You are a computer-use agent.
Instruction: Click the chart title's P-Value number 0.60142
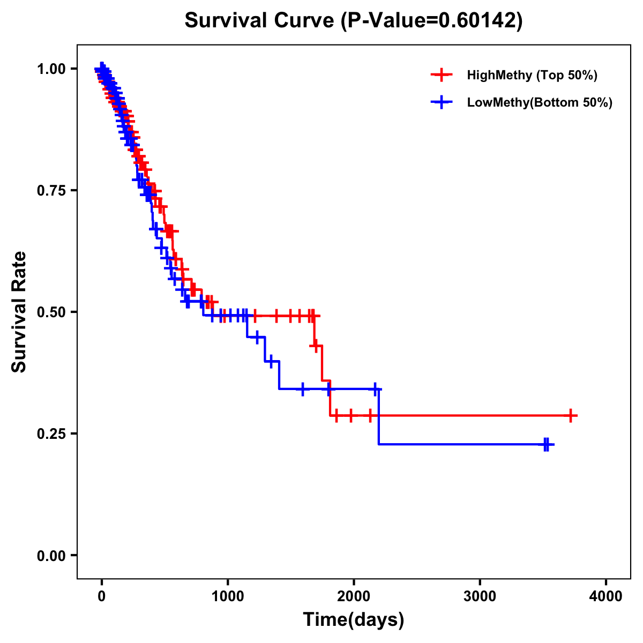[x=478, y=20]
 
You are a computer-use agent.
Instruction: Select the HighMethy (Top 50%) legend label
[x=532, y=75]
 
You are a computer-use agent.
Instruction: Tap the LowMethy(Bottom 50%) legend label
[x=540, y=102]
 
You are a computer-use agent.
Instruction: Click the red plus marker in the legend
[x=442, y=75]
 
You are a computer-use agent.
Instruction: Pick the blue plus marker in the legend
[x=442, y=102]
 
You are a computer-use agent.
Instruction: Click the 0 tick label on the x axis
[x=101, y=596]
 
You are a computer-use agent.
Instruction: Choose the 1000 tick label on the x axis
[x=228, y=596]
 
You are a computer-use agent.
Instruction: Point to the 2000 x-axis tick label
[x=354, y=596]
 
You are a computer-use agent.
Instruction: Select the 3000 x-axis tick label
[x=480, y=596]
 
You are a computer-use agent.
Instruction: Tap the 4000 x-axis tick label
[x=606, y=596]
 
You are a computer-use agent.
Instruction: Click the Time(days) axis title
[x=354, y=620]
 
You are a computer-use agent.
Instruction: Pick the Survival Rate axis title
[x=19, y=312]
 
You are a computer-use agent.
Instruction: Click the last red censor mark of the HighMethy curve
[x=571, y=415]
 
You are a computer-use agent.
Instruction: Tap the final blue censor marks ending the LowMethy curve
[x=546, y=444]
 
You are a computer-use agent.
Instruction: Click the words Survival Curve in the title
[x=260, y=20]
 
